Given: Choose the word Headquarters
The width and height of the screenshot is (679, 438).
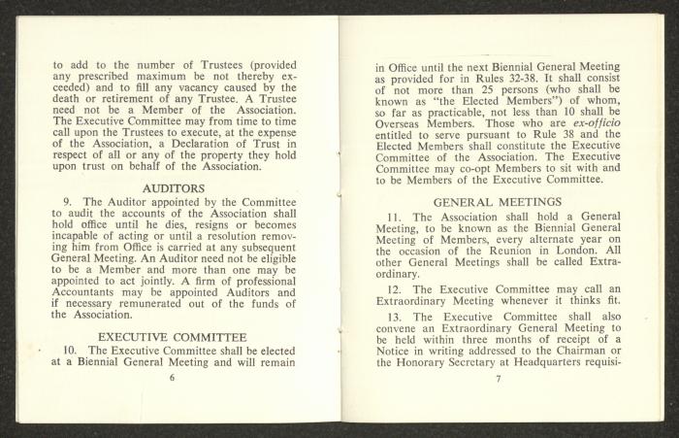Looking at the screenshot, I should coord(573,363).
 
